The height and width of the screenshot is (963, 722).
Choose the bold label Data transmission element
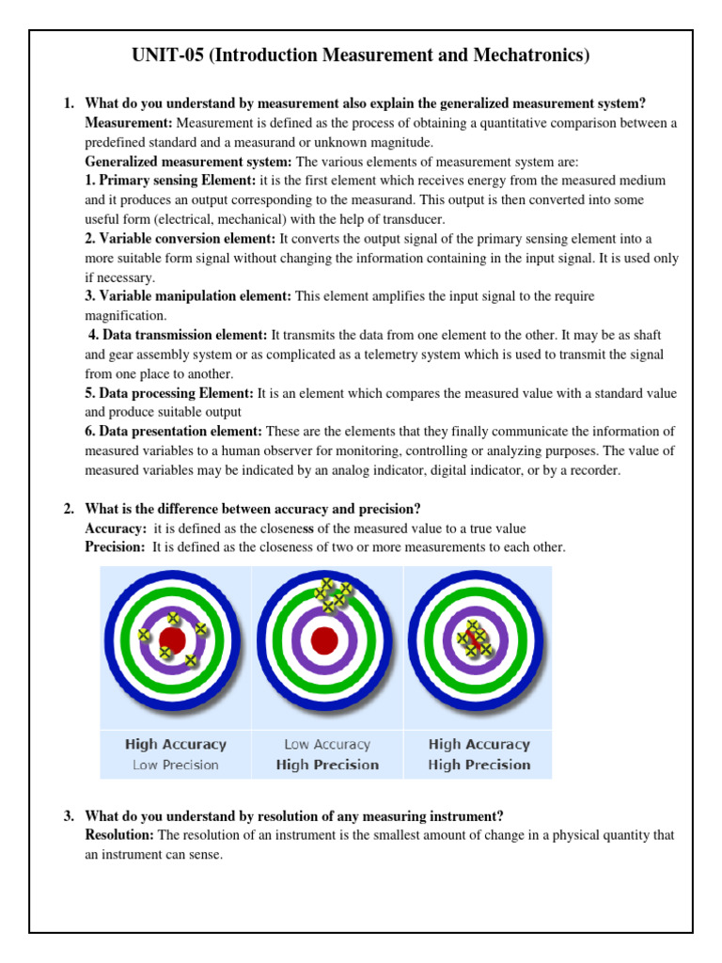(x=178, y=335)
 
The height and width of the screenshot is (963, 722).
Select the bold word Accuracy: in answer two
(x=116, y=529)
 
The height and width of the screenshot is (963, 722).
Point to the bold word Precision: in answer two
(x=116, y=547)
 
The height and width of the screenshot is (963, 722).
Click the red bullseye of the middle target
(x=324, y=640)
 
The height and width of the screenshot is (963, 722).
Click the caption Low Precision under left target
(x=175, y=766)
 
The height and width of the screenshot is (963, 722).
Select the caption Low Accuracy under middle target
(x=327, y=745)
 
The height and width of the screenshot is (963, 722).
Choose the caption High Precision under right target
(x=479, y=766)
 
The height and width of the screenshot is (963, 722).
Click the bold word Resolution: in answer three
(x=119, y=835)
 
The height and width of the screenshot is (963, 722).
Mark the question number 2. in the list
(x=70, y=509)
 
